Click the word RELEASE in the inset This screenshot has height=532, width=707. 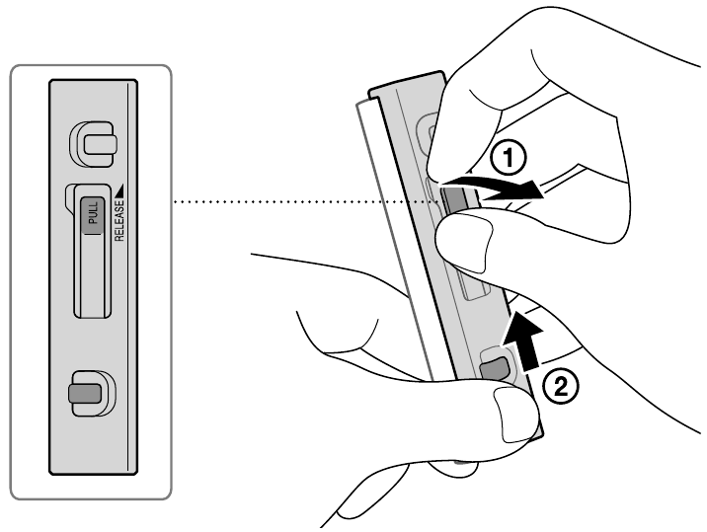(x=119, y=214)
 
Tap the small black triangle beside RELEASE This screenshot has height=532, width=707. (x=119, y=184)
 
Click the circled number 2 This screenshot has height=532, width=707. (x=558, y=387)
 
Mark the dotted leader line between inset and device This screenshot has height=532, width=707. (x=296, y=203)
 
